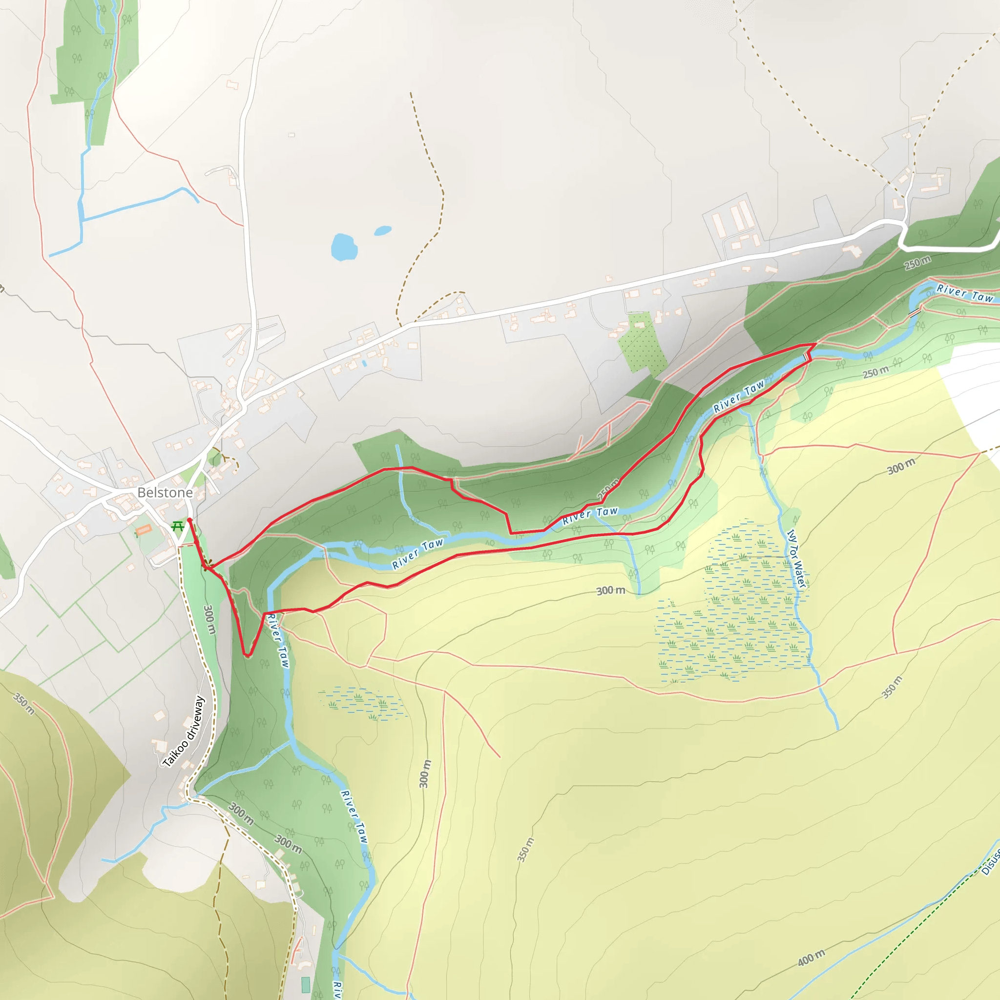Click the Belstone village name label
click(165, 492)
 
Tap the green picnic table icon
click(178, 526)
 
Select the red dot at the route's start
click(189, 520)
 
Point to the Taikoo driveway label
click(184, 732)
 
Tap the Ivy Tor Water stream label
click(796, 558)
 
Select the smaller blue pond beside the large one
click(382, 230)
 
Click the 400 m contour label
click(811, 958)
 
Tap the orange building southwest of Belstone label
click(144, 529)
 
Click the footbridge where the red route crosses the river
click(806, 357)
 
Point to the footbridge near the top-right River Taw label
click(915, 312)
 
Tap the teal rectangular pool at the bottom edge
click(305, 984)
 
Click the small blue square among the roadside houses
click(364, 363)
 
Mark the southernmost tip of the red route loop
click(248, 656)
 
